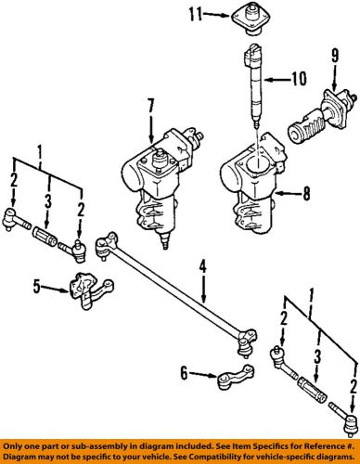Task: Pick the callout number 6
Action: coord(185,374)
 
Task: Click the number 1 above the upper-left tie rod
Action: coord(39,149)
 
